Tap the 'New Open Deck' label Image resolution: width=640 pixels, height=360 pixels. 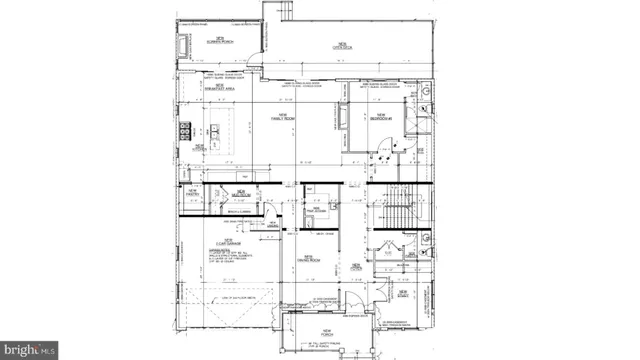(342, 43)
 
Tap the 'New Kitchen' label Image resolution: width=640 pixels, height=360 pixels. (200, 147)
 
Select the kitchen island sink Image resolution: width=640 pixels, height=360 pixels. (215, 129)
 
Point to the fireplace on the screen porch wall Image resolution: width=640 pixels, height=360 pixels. (183, 47)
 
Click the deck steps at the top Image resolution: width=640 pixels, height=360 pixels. (283, 10)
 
